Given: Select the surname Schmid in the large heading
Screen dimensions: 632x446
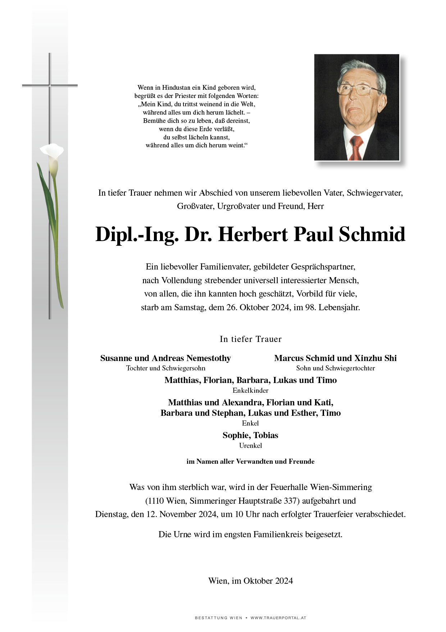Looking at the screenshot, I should point(372,235).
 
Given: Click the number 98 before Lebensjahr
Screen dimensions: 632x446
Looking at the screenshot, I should point(310,307).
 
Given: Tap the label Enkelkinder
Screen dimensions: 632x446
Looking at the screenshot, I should point(250,390).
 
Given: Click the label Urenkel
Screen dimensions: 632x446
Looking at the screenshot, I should point(250,446).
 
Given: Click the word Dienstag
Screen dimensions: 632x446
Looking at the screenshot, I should point(111,514).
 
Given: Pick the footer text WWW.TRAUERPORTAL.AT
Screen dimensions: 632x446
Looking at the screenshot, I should point(278,618).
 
